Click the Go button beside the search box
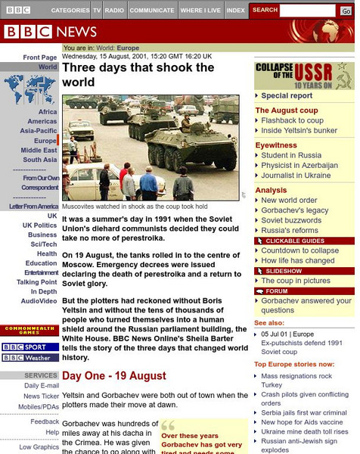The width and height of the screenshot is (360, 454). coord(346,11)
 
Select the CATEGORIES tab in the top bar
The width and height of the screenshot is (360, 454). coord(70,11)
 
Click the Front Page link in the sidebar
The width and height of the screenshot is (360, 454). coord(40,58)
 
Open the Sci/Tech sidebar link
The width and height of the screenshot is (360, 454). coord(43,244)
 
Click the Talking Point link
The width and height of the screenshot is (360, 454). coord(37,282)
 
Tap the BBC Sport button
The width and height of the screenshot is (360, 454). coord(29,347)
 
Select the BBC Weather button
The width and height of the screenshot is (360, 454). coord(29,358)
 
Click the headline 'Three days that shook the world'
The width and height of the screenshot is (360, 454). coord(138,74)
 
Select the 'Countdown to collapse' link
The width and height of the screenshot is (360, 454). coord(299,250)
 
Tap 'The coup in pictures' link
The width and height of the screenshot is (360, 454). coord(296,281)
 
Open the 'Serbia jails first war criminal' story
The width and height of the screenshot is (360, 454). coord(303,413)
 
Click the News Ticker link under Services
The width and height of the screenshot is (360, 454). coord(42,396)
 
